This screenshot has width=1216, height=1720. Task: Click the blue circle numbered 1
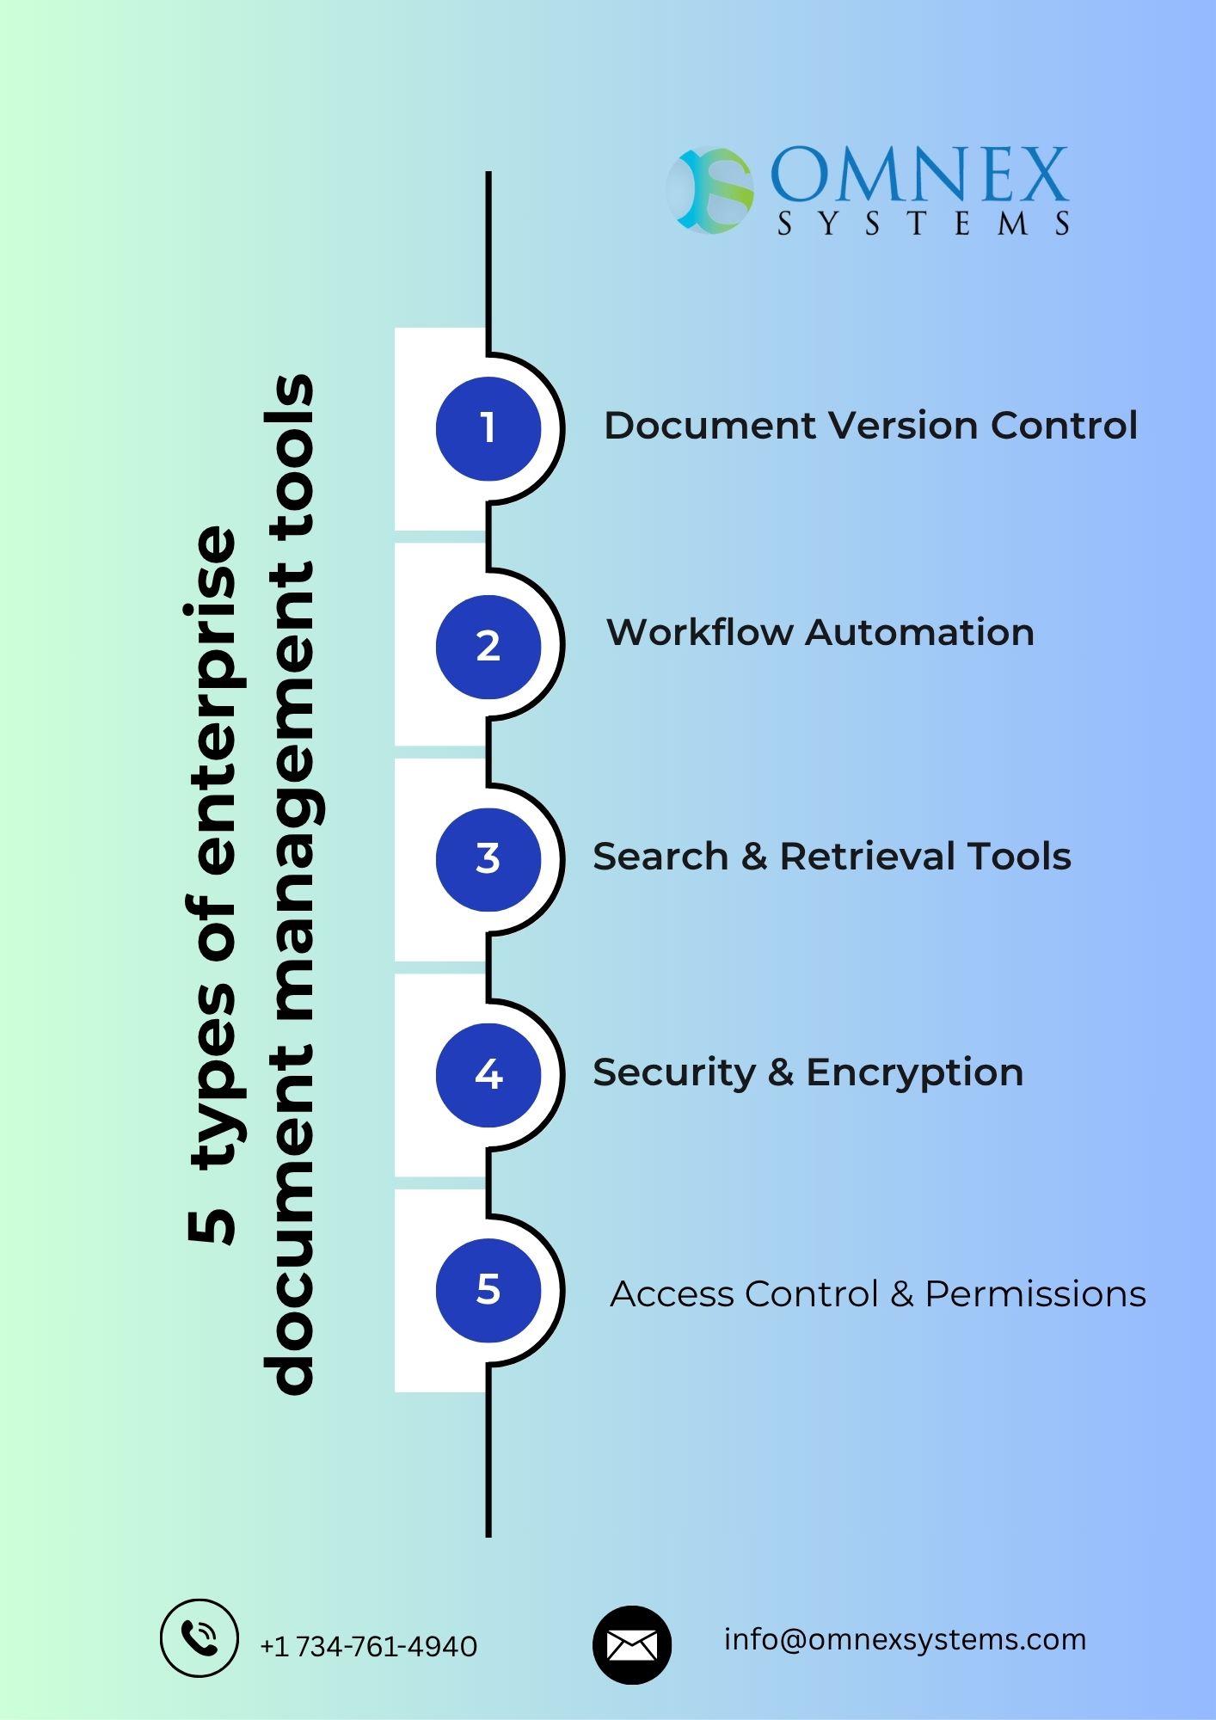click(x=488, y=427)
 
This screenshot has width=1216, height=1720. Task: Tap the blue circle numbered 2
click(x=488, y=646)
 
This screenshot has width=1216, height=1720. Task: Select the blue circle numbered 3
click(x=488, y=859)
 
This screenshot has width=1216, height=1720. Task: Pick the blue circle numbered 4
click(x=488, y=1075)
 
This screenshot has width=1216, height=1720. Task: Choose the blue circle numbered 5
click(x=488, y=1290)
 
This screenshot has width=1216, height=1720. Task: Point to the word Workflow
click(x=699, y=632)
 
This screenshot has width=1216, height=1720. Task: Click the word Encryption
click(x=914, y=1073)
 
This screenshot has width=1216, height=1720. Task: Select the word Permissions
click(x=1035, y=1294)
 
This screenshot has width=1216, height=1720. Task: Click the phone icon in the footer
click(x=200, y=1638)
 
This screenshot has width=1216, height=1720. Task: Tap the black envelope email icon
click(x=632, y=1645)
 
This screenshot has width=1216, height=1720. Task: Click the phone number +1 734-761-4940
click(x=368, y=1646)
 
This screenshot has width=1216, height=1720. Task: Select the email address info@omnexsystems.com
click(x=906, y=1640)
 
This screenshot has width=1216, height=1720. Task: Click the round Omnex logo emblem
click(x=710, y=190)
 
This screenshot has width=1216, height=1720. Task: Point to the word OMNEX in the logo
click(x=919, y=175)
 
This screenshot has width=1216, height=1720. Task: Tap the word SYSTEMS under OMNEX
click(x=924, y=224)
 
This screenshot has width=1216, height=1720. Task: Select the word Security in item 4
click(x=674, y=1073)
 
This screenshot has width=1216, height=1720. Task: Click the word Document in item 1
click(x=709, y=426)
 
